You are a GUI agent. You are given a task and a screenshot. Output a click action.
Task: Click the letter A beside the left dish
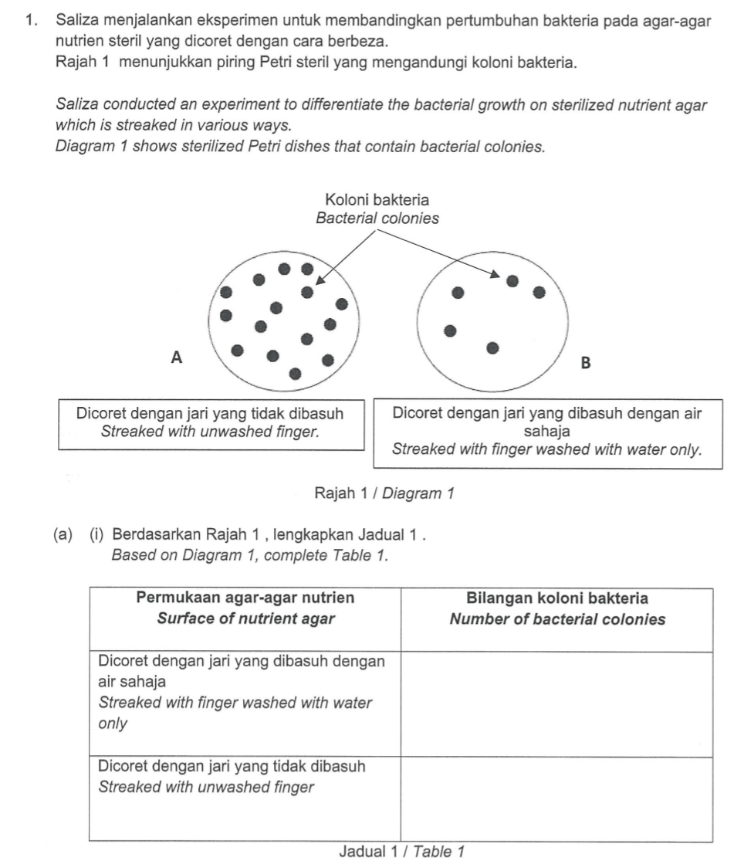(x=177, y=357)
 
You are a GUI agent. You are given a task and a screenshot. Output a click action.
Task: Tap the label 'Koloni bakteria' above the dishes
(x=377, y=202)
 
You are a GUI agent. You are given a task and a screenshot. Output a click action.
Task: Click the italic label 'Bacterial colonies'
(x=377, y=219)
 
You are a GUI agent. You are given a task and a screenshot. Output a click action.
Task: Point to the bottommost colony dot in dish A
(x=295, y=374)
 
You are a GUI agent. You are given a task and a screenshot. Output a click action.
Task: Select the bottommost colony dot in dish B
(x=492, y=348)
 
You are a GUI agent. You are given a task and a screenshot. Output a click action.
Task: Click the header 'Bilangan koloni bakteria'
(x=557, y=598)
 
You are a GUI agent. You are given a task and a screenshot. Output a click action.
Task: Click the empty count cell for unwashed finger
(x=556, y=798)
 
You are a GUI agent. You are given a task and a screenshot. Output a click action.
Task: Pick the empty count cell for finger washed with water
(x=556, y=703)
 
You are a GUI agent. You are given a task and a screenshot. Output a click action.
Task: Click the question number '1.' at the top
(x=32, y=24)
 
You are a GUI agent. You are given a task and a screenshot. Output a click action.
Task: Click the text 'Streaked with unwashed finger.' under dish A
(x=211, y=431)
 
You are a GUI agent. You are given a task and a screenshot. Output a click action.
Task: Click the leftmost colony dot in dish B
(x=451, y=331)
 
